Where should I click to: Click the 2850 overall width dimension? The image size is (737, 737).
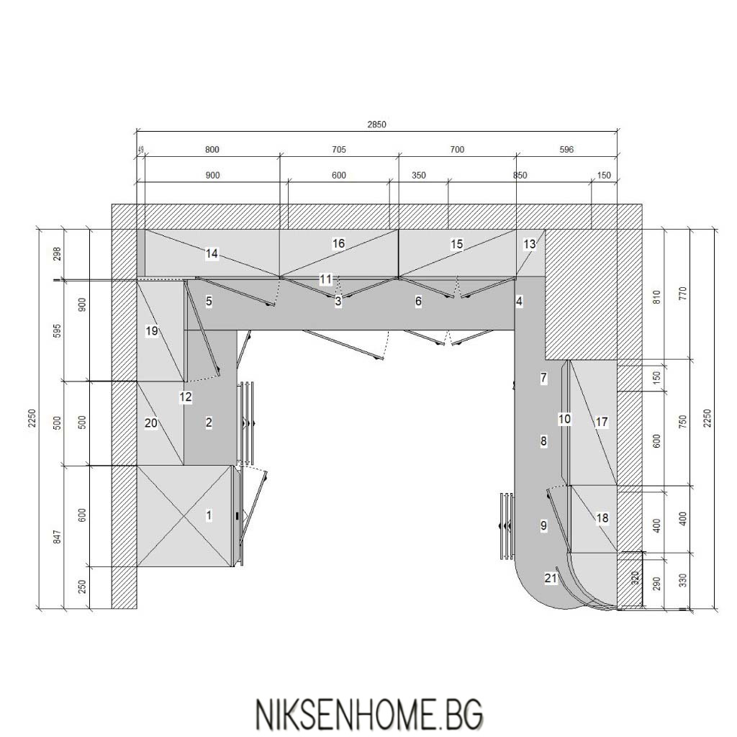(x=376, y=125)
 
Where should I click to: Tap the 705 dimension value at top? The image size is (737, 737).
(x=339, y=150)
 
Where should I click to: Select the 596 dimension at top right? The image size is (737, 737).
(x=567, y=150)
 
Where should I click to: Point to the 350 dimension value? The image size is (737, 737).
(x=418, y=176)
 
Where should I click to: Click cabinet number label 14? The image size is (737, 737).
(x=212, y=254)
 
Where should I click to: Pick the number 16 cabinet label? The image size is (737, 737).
(x=338, y=243)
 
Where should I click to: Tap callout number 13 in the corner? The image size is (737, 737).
(x=529, y=245)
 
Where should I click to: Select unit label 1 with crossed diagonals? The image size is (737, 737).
(x=209, y=515)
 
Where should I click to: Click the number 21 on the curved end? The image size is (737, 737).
(x=551, y=578)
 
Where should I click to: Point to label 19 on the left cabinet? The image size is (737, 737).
(x=151, y=331)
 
